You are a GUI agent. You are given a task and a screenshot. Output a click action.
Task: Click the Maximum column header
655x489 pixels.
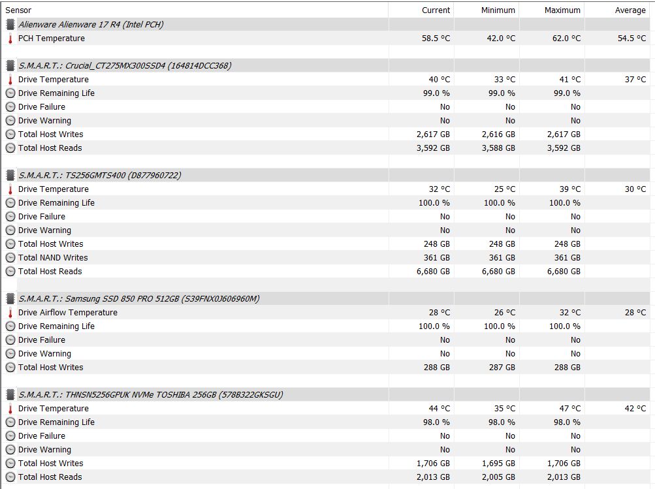[x=562, y=10]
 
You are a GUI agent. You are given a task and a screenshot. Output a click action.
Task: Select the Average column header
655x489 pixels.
[x=630, y=10]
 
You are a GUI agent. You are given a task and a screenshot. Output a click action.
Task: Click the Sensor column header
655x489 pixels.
[x=18, y=10]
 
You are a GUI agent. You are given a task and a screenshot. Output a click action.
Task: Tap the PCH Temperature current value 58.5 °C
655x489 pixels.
[x=436, y=39]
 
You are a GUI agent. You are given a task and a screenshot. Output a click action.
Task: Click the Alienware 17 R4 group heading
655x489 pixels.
[x=91, y=25]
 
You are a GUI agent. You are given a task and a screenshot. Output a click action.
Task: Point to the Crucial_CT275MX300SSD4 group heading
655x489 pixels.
[x=125, y=66]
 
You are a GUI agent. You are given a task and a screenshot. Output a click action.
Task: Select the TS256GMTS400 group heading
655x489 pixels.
[x=99, y=176]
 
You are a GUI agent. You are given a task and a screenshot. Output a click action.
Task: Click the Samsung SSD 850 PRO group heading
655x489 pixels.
[x=138, y=299]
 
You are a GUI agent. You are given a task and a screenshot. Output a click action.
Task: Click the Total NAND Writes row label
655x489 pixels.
[x=52, y=258]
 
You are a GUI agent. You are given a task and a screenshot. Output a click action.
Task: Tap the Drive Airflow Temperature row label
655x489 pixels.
[x=67, y=313]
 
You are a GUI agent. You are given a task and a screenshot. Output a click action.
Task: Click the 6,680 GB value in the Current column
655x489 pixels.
[x=433, y=272]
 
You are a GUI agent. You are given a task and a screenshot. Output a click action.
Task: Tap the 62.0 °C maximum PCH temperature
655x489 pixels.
[x=566, y=39]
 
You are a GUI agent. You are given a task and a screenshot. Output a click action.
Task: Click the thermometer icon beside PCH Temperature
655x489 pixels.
[x=10, y=39]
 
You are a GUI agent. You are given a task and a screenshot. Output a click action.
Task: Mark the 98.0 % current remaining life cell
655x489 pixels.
[x=434, y=422]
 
